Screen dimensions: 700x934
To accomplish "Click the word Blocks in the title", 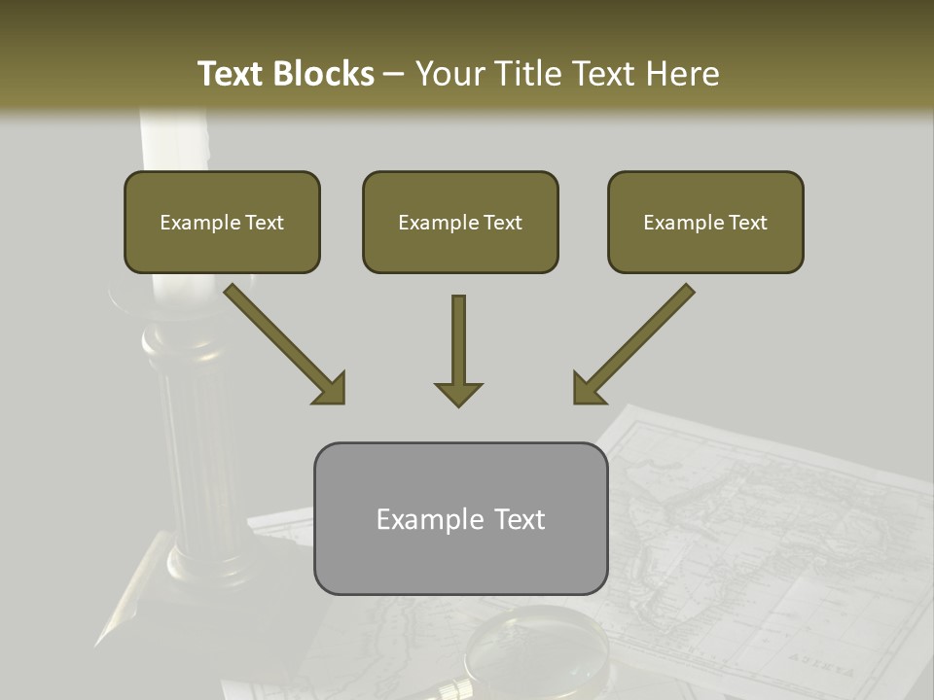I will coord(323,74).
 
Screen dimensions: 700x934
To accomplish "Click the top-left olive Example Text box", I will coord(222,223).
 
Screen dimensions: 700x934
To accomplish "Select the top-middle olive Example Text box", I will coord(460,223).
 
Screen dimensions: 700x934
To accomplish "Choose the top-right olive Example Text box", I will coord(705,223).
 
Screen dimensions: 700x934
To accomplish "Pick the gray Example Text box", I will coord(460,519).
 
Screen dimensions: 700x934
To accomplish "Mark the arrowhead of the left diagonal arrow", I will coord(332,390).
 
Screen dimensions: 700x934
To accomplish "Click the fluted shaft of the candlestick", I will coord(199,447).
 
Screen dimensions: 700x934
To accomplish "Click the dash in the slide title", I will coord(395,74).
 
